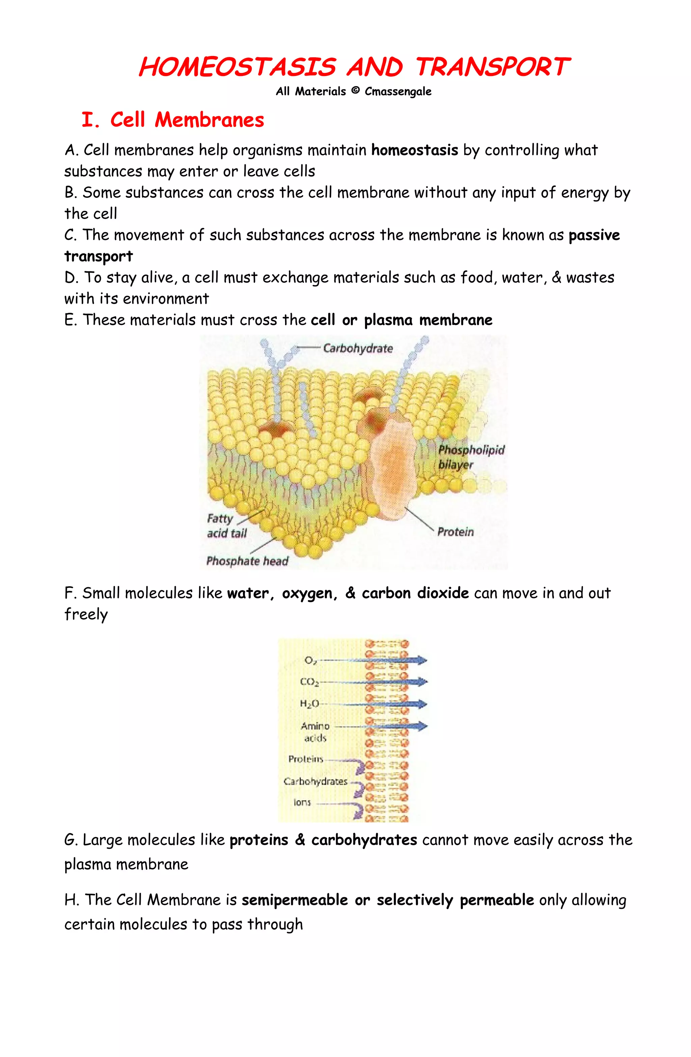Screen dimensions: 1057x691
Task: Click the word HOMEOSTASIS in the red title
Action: (x=237, y=67)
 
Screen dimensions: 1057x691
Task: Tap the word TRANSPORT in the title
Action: (x=492, y=67)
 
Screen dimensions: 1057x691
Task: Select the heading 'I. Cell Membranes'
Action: (x=173, y=120)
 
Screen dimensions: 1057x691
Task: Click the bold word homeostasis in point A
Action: (x=414, y=150)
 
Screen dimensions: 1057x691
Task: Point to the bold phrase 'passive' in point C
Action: (x=594, y=235)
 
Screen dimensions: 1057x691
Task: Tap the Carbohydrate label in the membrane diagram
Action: (x=358, y=348)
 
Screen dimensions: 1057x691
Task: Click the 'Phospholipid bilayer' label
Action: (x=471, y=457)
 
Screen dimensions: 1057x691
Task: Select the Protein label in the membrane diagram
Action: (x=455, y=532)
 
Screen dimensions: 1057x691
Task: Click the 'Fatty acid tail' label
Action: (x=226, y=526)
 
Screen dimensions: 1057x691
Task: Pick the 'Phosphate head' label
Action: (x=247, y=561)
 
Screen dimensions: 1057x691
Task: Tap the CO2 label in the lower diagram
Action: (x=309, y=682)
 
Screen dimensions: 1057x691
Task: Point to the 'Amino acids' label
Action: (x=315, y=731)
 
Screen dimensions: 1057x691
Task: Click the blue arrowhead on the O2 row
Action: (x=421, y=660)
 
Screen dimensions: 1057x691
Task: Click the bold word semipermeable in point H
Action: (x=295, y=900)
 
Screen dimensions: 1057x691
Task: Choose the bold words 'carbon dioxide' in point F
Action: (x=415, y=593)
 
